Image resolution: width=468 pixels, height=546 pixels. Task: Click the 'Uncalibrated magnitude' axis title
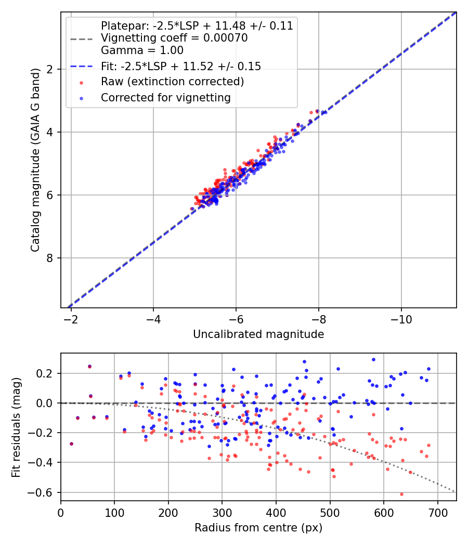258,334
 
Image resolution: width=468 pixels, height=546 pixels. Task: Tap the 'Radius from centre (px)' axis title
258,528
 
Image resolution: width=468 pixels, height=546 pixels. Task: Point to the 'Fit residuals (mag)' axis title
17,427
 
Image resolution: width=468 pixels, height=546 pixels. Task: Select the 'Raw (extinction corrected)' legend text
172,82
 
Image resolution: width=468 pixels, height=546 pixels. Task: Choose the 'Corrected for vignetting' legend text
165,97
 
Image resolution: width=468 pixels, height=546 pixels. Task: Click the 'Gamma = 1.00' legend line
142,50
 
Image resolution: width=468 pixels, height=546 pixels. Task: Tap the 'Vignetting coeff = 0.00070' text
174,38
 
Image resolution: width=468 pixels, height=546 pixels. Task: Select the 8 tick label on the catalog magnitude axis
51,258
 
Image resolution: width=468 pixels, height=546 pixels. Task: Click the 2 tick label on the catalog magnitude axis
51,69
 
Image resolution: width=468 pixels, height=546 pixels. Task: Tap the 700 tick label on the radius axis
437,512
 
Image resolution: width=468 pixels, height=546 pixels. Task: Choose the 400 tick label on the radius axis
276,512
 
